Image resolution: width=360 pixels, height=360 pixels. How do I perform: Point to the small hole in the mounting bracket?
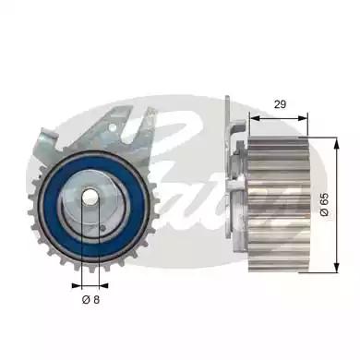(120, 138)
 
